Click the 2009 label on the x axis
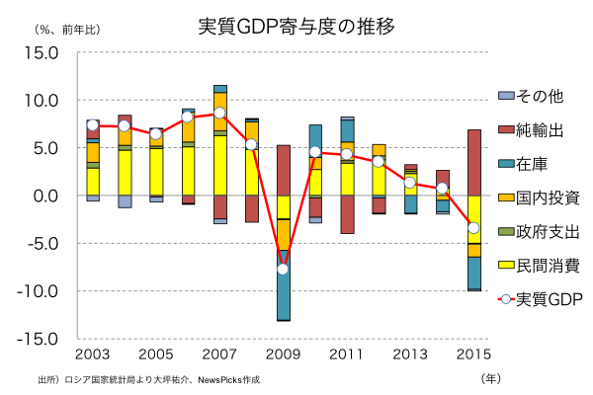point(283,354)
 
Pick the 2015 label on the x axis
point(472,354)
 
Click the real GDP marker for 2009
point(283,269)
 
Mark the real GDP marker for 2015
point(473,228)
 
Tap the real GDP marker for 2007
point(219,114)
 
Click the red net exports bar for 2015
point(473,162)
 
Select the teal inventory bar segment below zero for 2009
point(283,291)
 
